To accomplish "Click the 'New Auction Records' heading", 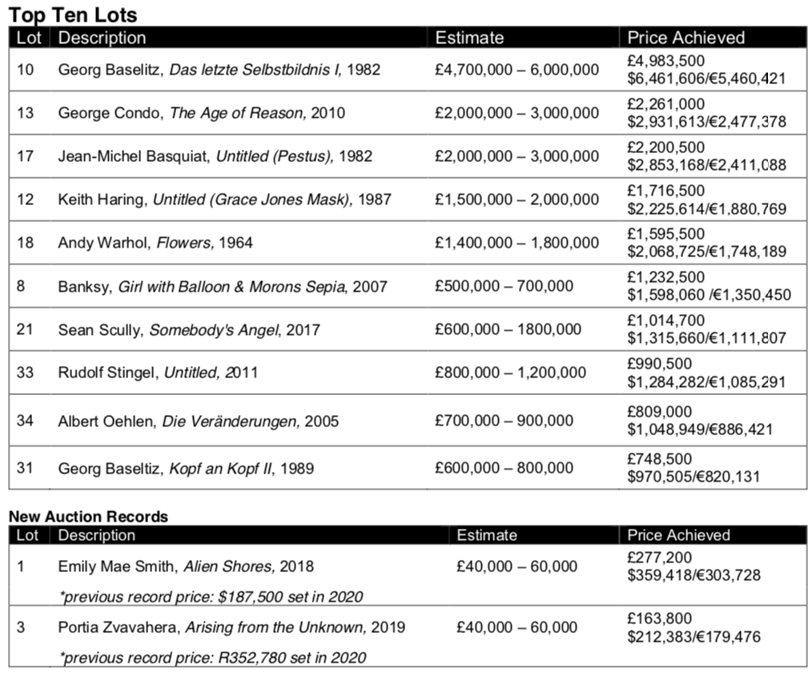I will [88, 517].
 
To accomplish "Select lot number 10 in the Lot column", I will [26, 70].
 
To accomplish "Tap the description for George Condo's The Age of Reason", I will [201, 113].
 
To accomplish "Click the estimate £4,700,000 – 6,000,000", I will [517, 70].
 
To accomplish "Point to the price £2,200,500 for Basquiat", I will [666, 147].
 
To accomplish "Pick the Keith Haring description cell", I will [224, 199].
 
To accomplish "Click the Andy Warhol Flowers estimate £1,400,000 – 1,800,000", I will [517, 243].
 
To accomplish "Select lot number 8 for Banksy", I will [22, 286].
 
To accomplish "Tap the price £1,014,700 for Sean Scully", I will [666, 320].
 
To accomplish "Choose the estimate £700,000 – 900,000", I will [504, 421].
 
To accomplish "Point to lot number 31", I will [26, 468].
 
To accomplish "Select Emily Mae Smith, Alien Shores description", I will [186, 566].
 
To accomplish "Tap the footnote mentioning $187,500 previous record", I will [211, 596].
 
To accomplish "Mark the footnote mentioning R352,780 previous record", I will [211, 658].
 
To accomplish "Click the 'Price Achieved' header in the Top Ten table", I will [685, 38].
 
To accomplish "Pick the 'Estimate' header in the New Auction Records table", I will [487, 535].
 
